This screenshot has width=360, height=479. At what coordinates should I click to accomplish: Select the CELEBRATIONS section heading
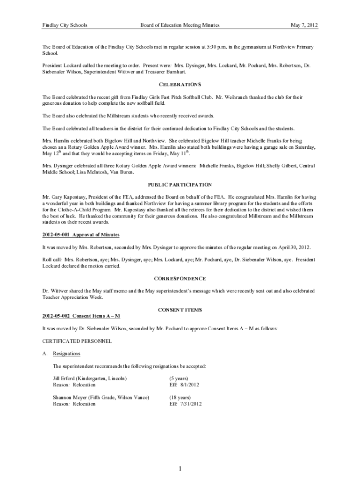pos(180,85)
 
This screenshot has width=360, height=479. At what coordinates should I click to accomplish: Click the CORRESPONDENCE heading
pos(180,279)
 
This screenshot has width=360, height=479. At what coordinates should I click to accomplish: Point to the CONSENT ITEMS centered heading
pos(180,310)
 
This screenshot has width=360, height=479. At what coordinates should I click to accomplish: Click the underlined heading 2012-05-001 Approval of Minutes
pos(81,234)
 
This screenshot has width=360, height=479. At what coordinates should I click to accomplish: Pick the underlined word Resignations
pos(66,354)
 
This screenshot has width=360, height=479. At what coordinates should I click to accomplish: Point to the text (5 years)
pos(179,378)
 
